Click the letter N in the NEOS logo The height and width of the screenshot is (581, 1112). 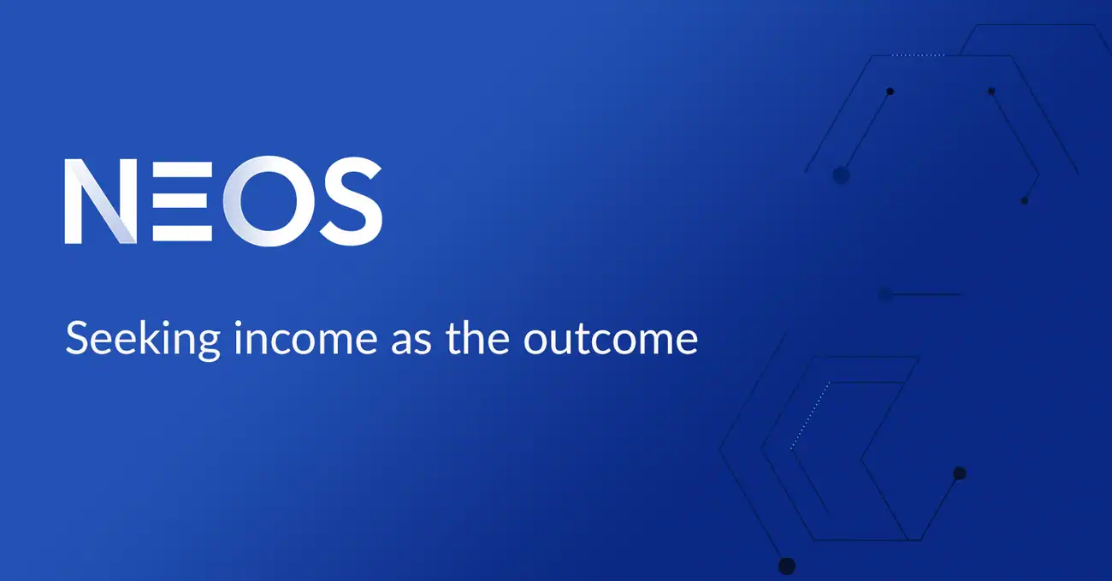tap(101, 202)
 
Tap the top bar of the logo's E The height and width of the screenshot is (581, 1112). tap(182, 169)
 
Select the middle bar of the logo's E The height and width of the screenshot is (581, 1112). tap(180, 199)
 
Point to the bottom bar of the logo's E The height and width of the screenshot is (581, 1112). tap(182, 234)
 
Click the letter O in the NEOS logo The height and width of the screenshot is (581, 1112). tap(269, 201)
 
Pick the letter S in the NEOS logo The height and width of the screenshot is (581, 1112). tap(351, 201)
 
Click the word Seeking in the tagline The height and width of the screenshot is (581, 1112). tap(143, 338)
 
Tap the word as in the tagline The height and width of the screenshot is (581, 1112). tap(411, 341)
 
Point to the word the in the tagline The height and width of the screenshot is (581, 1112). tap(477, 338)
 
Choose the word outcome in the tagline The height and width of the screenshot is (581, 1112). tap(611, 341)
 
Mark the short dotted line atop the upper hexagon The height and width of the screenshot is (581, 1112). tap(918, 55)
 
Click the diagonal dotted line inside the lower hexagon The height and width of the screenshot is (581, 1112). tap(810, 415)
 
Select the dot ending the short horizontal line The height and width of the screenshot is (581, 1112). tap(885, 295)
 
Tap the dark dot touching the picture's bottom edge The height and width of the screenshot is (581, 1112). tap(787, 566)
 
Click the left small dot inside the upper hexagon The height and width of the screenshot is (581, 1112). tap(890, 92)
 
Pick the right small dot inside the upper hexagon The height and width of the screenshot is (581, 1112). tap(991, 92)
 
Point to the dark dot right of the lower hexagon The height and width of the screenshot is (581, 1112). tap(960, 474)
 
